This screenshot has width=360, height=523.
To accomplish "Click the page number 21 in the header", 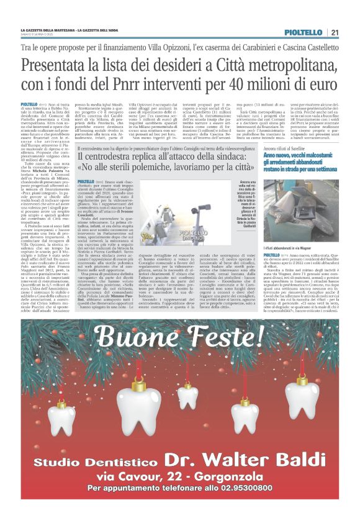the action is pos(335,32).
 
